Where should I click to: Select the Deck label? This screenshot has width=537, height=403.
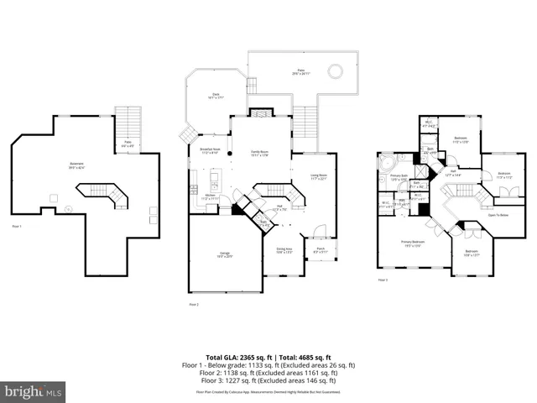coord(216,97)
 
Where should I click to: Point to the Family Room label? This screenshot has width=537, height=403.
coord(259,153)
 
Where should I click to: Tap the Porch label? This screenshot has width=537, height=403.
coord(321,249)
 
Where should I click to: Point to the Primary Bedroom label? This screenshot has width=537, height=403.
coord(411,243)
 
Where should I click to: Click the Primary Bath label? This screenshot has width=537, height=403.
coord(398,178)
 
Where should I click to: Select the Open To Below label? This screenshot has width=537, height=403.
coord(498,215)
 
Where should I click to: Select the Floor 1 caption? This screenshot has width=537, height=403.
coord(17,227)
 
